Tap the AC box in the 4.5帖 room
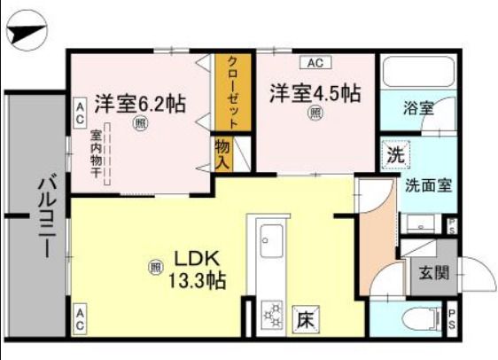tap(315, 63)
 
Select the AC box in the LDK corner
tap(80, 314)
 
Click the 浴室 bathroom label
tap(418, 108)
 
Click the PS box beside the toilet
tap(452, 315)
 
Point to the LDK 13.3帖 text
tap(198, 270)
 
